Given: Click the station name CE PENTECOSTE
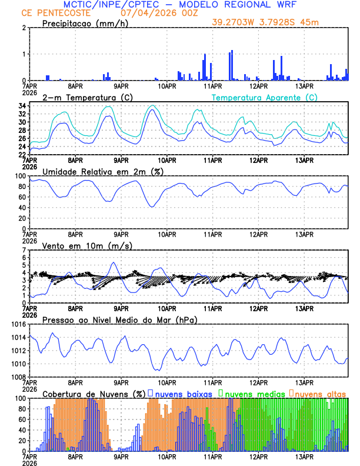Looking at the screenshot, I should point(56,13).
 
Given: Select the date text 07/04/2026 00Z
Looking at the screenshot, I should point(155,13).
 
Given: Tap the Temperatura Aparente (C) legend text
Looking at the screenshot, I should point(265,97).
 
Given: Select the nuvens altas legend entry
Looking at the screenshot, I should point(321,394).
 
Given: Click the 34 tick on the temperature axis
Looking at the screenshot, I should point(21,106).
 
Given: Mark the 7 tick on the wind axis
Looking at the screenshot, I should point(24,250).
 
